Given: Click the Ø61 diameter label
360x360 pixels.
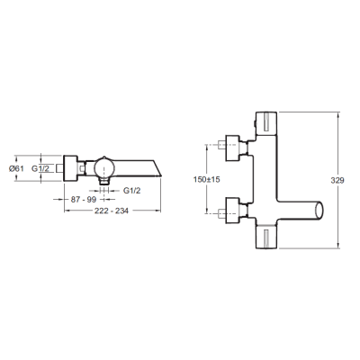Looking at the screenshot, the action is (16, 168).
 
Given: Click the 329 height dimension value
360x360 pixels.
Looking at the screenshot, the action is (337, 181).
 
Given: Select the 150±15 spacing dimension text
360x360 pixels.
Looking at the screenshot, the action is (207, 180).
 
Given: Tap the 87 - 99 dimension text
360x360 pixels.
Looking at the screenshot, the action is (84, 200).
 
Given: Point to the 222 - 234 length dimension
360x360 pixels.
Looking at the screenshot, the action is (112, 211).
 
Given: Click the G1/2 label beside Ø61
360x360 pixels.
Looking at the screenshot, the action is (40, 168).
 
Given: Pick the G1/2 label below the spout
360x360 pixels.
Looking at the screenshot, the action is (132, 191).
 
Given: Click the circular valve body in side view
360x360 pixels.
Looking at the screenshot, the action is (104, 168).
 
